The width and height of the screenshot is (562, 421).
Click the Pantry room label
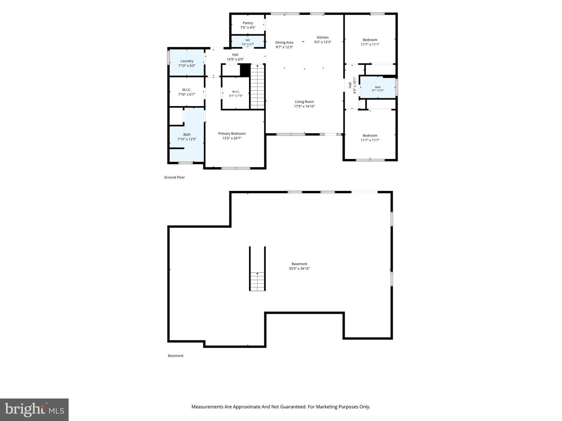click(248, 23)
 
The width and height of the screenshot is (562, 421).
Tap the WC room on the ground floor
click(248, 41)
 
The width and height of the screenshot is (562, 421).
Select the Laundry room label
click(187, 61)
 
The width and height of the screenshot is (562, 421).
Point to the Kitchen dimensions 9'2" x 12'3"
click(323, 42)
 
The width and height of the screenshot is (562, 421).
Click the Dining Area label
click(284, 42)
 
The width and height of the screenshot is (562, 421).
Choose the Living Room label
click(304, 102)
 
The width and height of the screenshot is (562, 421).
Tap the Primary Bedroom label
click(232, 133)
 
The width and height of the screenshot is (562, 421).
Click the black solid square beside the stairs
click(245, 70)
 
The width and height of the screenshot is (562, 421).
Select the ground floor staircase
click(257, 87)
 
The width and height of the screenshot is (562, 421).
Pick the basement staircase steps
click(257, 281)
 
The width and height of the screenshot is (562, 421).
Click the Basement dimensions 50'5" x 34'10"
click(299, 269)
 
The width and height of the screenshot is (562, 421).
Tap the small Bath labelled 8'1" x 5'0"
click(378, 87)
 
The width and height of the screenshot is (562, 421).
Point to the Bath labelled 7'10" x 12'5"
click(187, 137)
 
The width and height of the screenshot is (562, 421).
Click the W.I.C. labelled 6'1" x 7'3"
click(236, 93)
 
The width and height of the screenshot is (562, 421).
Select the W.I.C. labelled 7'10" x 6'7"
click(187, 92)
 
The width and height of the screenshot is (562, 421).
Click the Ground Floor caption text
click(174, 177)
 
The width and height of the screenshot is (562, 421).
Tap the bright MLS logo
click(34, 410)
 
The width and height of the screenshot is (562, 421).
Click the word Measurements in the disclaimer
click(207, 407)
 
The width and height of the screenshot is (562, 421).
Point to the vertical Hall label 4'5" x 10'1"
click(352, 85)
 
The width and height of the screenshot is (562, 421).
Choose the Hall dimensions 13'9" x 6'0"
click(235, 59)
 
